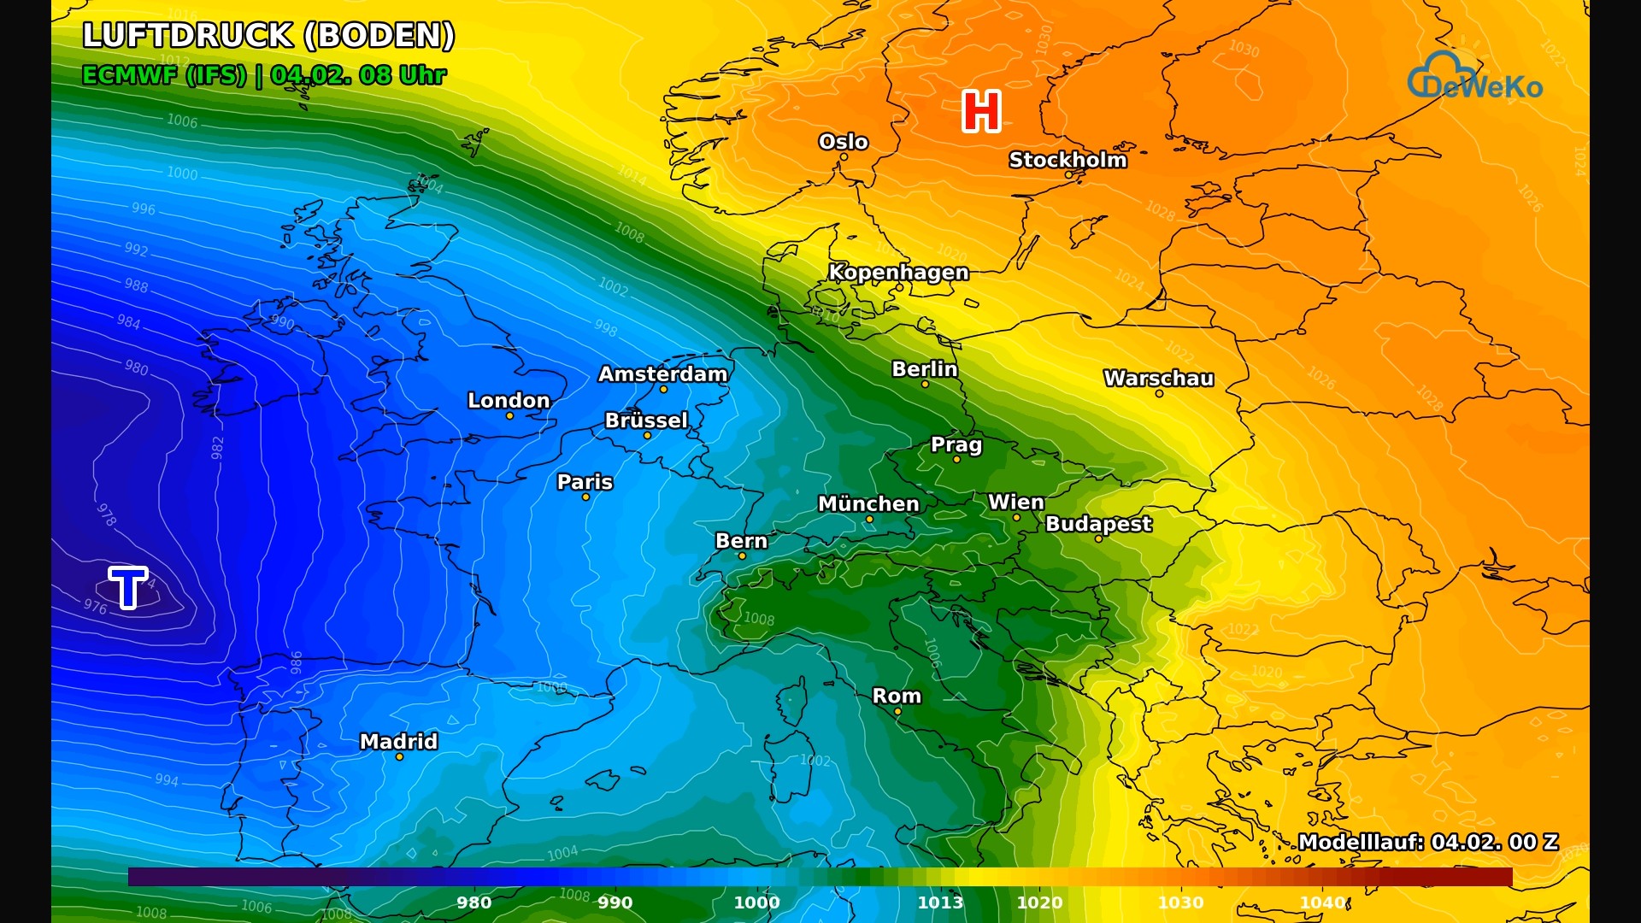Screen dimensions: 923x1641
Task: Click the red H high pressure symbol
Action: (981, 112)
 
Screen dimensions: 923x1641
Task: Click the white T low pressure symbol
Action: (128, 587)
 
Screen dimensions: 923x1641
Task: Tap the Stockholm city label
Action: (1068, 160)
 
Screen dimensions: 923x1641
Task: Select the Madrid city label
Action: (398, 741)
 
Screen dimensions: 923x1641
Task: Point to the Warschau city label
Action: (1158, 378)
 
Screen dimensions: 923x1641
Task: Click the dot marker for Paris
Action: (585, 497)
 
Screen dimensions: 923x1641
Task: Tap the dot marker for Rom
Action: (897, 712)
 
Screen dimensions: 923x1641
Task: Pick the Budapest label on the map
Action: (1098, 524)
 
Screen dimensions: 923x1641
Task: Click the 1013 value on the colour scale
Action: (940, 902)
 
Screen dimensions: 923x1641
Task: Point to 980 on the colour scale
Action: (473, 902)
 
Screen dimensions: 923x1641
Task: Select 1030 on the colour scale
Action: (1180, 902)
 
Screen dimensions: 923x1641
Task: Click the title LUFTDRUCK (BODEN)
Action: (268, 36)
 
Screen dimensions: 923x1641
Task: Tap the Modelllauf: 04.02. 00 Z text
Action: (1427, 842)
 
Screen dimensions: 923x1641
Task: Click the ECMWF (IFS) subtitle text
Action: (164, 75)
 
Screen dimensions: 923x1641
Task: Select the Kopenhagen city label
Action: (898, 272)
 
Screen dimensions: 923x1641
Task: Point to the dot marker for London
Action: (509, 416)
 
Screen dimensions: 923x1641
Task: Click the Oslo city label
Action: (843, 142)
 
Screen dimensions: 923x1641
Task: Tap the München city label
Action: (868, 503)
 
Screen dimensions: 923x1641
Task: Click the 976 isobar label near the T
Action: (95, 607)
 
